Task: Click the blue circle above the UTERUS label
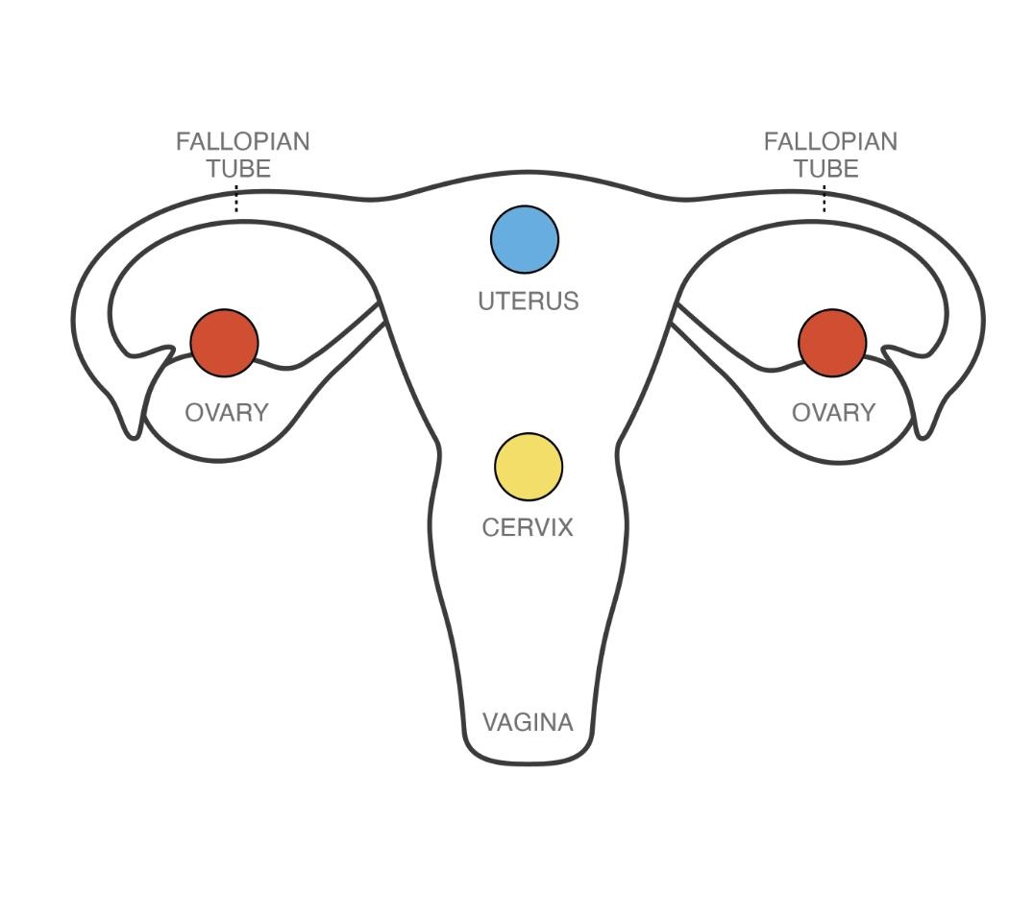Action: pyautogui.click(x=525, y=239)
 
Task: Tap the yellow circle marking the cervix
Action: pyautogui.click(x=529, y=467)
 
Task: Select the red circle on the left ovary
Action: pyautogui.click(x=225, y=343)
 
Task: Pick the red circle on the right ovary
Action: pyautogui.click(x=832, y=343)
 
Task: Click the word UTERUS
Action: pyautogui.click(x=529, y=302)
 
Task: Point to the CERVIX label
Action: pyautogui.click(x=528, y=527)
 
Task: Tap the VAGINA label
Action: pyautogui.click(x=528, y=722)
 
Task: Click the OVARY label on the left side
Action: pyautogui.click(x=227, y=413)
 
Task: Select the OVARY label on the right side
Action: pyautogui.click(x=833, y=413)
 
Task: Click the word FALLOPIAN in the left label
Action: pyautogui.click(x=242, y=142)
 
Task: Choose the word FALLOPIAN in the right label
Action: pyautogui.click(x=830, y=142)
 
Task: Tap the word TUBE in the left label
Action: pyautogui.click(x=238, y=169)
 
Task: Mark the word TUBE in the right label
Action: pyautogui.click(x=825, y=169)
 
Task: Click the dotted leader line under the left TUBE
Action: pyautogui.click(x=236, y=200)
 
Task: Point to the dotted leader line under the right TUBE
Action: pyautogui.click(x=825, y=200)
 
